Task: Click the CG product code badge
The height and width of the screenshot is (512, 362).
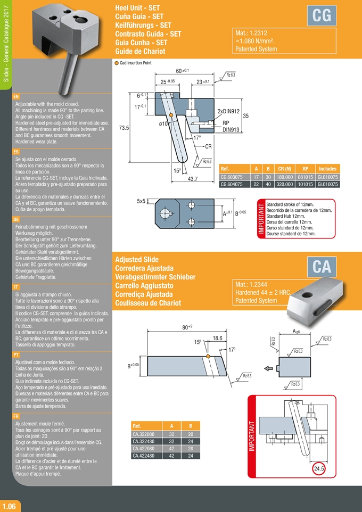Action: [322, 16]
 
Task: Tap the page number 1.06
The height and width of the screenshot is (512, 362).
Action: [11, 506]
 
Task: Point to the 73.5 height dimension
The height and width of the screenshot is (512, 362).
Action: [125, 128]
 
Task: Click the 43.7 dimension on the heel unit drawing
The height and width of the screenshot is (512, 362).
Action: [193, 179]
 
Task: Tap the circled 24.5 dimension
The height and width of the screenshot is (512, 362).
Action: [319, 468]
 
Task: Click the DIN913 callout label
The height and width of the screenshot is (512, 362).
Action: [233, 129]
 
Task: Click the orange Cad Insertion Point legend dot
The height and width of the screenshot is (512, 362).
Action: [117, 62]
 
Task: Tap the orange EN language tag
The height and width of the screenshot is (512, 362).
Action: [16, 96]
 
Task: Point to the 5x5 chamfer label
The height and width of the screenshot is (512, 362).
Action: [142, 201]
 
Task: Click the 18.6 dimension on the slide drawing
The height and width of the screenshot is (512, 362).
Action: [217, 338]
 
